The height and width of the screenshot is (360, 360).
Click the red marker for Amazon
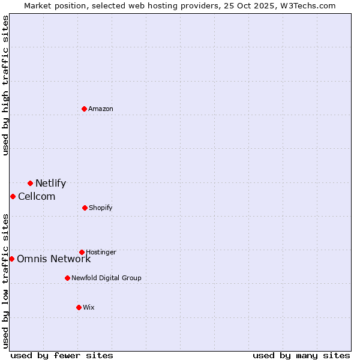point(85,109)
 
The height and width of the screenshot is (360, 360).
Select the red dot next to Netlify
point(30,183)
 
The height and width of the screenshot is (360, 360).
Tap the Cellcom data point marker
point(13,196)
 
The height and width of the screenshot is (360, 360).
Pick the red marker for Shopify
point(85,208)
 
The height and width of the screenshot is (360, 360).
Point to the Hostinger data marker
point(82,252)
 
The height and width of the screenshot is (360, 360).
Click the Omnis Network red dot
point(11,259)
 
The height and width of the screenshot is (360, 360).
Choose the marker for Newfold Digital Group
point(67,278)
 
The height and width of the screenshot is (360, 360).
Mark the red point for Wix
point(79,307)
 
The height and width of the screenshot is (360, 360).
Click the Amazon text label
point(101,109)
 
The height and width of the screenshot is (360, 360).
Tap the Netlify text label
point(50,184)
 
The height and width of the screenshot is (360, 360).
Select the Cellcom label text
point(37,197)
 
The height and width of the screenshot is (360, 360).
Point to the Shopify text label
point(101,208)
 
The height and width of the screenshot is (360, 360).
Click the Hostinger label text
point(101,253)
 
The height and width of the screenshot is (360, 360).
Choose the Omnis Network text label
point(54,259)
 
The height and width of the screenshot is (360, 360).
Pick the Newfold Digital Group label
point(107,278)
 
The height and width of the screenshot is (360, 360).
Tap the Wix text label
point(89,308)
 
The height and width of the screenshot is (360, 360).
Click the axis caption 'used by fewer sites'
point(62,356)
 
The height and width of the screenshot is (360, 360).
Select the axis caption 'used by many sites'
point(301,356)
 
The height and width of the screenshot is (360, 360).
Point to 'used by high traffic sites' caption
point(5,85)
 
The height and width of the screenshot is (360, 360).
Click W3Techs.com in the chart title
point(306,5)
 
